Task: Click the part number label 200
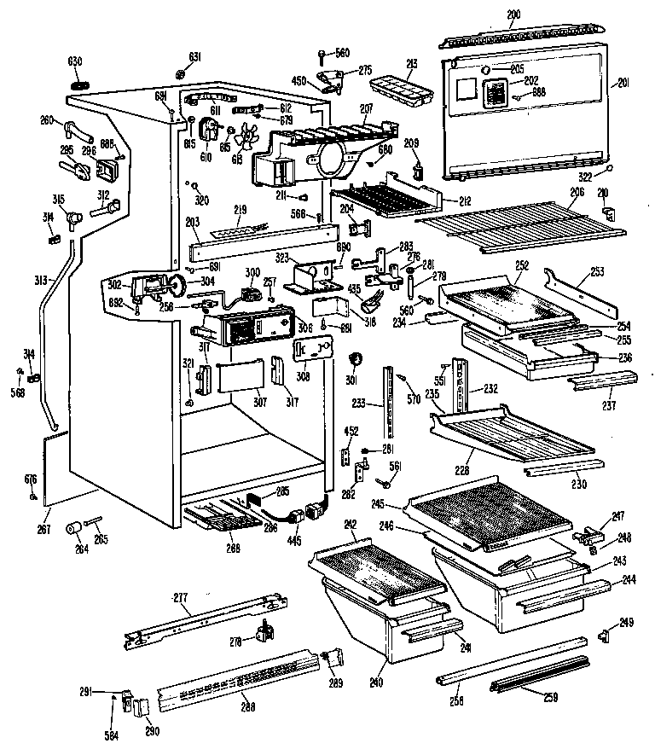(x=513, y=15)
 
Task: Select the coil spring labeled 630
(x=77, y=85)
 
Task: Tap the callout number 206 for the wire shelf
(x=577, y=194)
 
